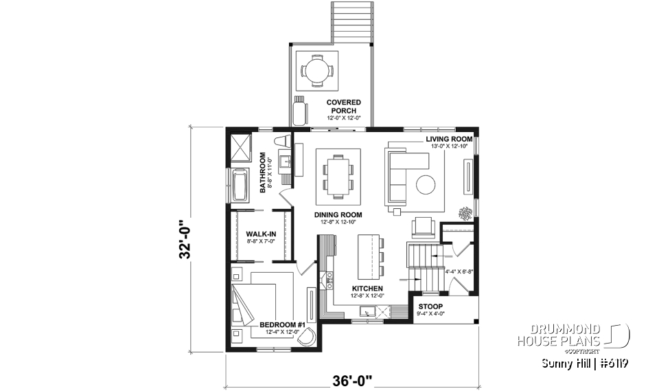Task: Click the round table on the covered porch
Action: (x=317, y=70)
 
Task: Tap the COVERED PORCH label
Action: (x=343, y=107)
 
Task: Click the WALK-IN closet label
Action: (x=260, y=234)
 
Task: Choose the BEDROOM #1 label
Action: (x=282, y=324)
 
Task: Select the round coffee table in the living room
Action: (x=426, y=185)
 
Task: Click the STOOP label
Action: (x=430, y=306)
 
